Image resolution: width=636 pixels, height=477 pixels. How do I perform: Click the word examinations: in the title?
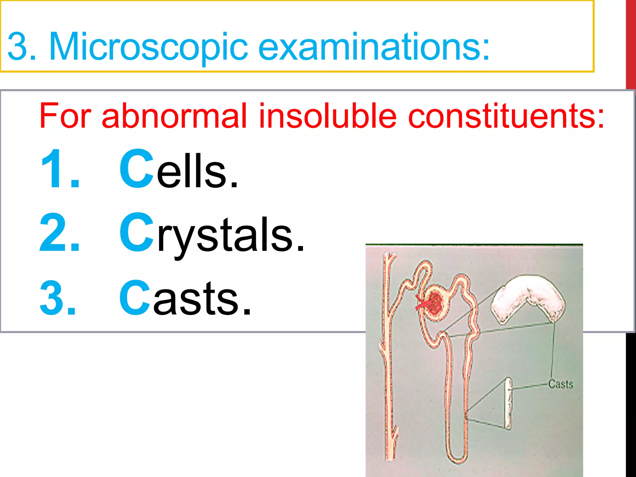(x=374, y=47)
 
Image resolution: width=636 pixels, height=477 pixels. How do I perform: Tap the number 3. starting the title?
(x=22, y=47)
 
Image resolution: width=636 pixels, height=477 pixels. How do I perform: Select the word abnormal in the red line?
(x=174, y=116)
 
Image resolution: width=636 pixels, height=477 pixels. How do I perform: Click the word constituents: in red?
(x=506, y=116)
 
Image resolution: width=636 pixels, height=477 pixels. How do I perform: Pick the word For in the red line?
(x=65, y=116)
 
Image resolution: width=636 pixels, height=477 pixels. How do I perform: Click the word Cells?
(x=179, y=170)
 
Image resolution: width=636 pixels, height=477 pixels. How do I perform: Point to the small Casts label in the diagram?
(x=560, y=384)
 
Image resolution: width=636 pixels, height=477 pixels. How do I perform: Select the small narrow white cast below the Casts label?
(x=508, y=404)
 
